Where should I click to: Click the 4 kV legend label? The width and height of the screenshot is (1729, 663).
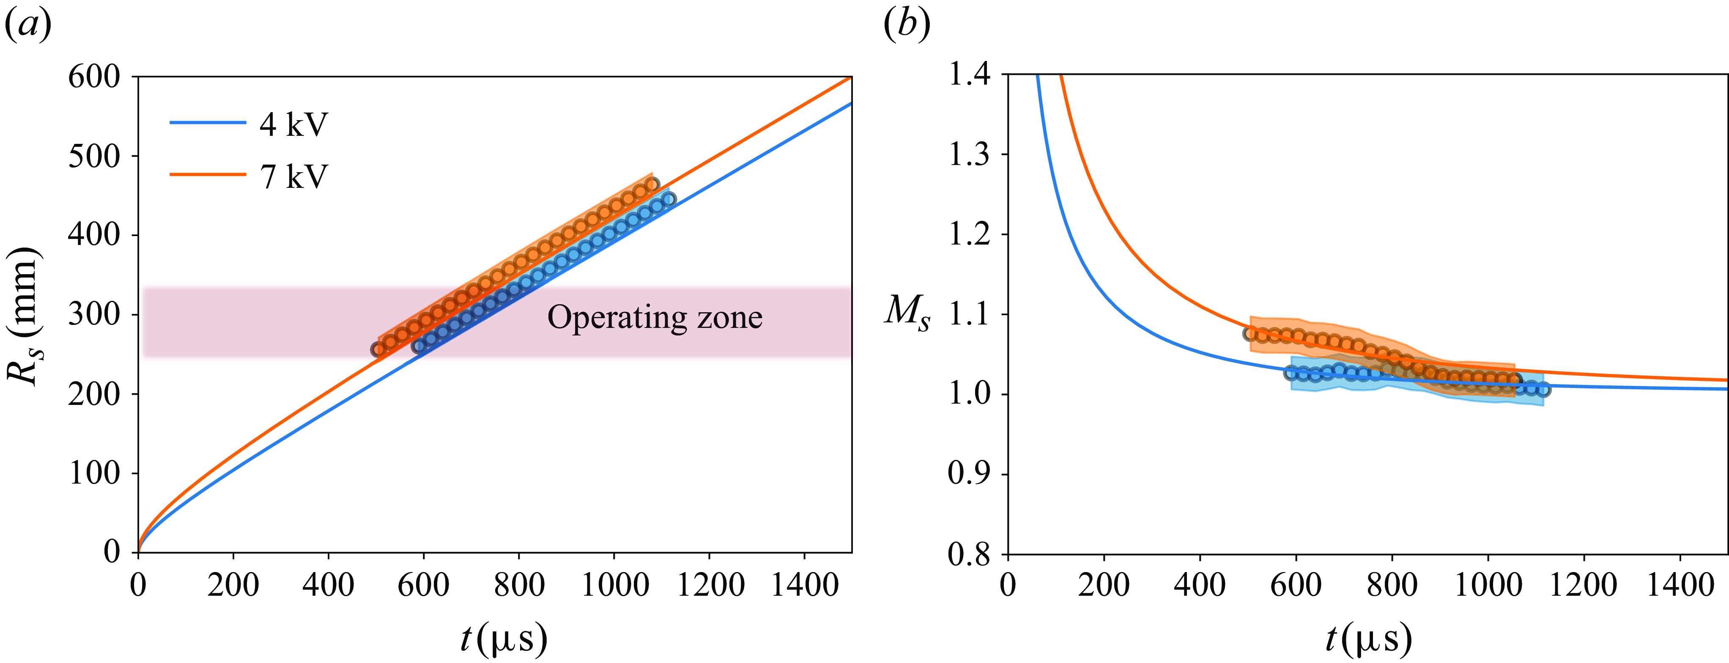tap(293, 125)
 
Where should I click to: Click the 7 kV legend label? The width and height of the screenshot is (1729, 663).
tap(293, 177)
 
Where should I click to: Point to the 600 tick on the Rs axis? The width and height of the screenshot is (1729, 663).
tap(94, 77)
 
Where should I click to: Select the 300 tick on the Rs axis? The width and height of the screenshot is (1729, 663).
tap(94, 314)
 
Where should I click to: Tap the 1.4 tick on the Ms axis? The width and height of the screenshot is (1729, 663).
tap(969, 74)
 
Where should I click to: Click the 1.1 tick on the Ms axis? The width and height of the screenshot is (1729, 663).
tap(969, 314)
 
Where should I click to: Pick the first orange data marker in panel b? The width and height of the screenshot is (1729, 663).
tap(1250, 333)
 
